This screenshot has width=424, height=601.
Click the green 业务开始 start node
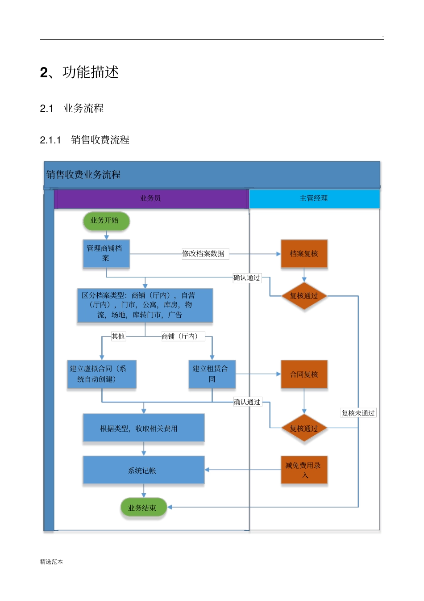[106, 221]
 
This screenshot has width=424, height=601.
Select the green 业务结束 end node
[143, 508]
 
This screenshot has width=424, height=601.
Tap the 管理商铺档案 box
[106, 253]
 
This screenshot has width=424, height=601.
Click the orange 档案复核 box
[304, 254]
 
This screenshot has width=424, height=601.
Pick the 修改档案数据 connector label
[204, 254]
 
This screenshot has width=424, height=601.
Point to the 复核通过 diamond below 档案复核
[304, 296]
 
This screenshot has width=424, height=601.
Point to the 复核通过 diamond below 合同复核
[304, 429]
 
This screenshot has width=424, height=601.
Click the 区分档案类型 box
[145, 305]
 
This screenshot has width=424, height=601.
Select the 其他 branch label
[118, 336]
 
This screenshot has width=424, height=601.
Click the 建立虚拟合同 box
[102, 374]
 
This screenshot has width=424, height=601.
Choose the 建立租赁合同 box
[212, 374]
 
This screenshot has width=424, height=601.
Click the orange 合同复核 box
[304, 374]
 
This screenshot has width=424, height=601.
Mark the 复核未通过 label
[358, 413]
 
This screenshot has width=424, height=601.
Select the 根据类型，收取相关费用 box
[143, 428]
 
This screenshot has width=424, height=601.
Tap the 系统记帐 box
[143, 470]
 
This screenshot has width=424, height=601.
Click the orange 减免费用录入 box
[304, 470]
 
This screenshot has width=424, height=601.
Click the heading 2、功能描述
[79, 72]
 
